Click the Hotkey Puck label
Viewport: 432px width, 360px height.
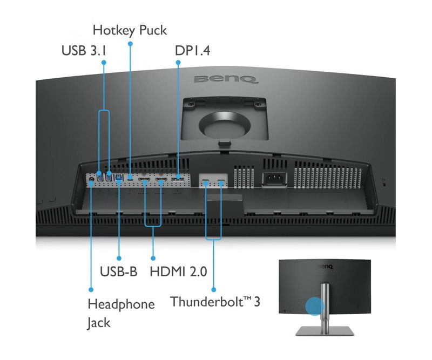[129, 30]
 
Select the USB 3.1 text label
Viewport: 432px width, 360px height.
[85, 51]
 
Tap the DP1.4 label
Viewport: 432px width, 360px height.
[192, 51]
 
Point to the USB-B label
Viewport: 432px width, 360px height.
[119, 271]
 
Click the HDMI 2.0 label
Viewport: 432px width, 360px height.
[178, 271]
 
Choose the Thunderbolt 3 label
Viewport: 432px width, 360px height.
[215, 301]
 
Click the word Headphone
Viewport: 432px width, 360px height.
[121, 304]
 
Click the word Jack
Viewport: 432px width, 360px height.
[98, 323]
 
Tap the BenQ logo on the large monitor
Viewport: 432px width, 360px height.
[225, 80]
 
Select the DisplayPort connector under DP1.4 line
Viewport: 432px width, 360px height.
[178, 176]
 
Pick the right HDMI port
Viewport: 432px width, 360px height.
[161, 178]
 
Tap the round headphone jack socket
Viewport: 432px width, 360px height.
[91, 179]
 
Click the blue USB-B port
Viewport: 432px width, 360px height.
[118, 176]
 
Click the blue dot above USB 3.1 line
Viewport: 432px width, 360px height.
[104, 63]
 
